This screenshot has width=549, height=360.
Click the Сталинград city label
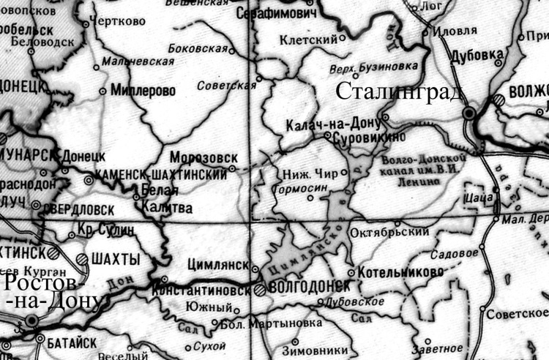400,92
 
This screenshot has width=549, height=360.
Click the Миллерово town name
146,91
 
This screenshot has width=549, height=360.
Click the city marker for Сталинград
469,113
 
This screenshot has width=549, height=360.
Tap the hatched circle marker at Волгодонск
261,289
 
